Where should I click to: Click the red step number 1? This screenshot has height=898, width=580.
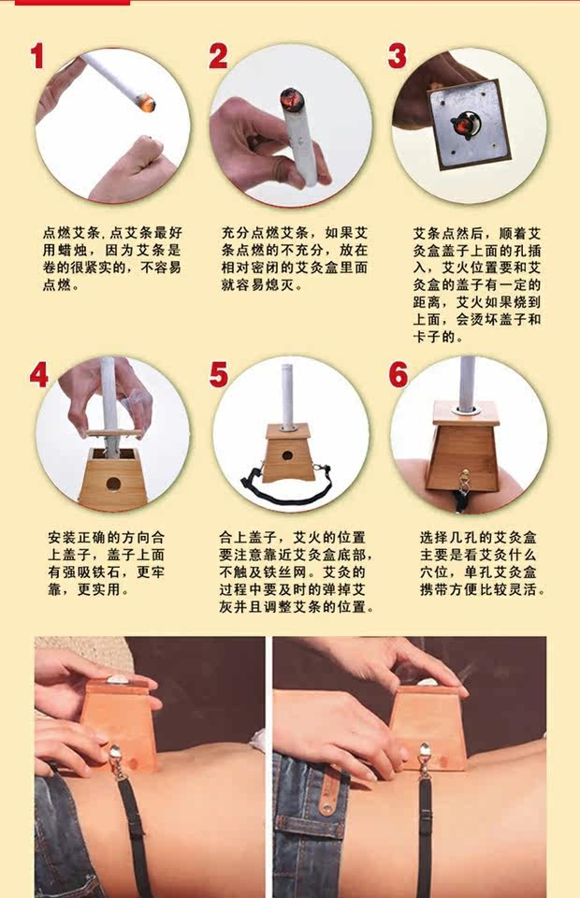click(37, 56)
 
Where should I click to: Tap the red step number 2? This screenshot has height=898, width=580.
click(218, 56)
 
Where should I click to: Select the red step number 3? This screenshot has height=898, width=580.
click(398, 56)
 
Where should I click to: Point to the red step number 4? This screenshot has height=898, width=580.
click(39, 376)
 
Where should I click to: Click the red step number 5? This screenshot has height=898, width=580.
click(219, 376)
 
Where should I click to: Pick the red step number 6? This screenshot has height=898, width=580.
click(399, 376)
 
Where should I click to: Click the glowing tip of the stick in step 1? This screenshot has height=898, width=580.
click(147, 104)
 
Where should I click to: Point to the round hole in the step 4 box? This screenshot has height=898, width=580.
click(113, 484)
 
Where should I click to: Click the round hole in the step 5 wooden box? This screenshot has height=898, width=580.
click(287, 456)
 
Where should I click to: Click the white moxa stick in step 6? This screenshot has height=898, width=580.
click(468, 381)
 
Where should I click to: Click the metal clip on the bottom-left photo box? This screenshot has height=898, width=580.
click(116, 761)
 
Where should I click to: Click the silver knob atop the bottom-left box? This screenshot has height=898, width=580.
click(118, 680)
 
